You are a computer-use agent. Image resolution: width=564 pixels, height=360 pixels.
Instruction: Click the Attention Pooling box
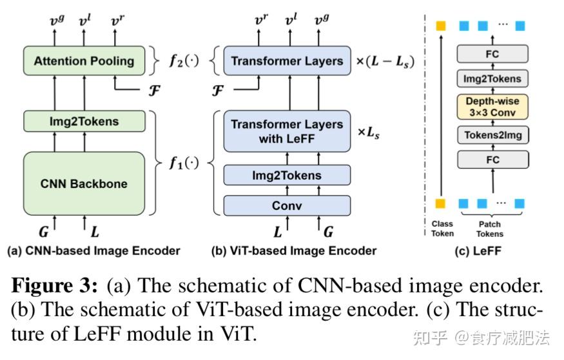(84, 61)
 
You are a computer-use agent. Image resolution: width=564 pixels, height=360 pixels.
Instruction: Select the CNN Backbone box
(84, 184)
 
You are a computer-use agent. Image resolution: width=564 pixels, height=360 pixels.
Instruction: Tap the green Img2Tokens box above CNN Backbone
(84, 121)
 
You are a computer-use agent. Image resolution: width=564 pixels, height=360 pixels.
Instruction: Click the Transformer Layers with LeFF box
(287, 131)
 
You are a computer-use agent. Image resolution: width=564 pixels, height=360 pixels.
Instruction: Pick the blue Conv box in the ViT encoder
(287, 205)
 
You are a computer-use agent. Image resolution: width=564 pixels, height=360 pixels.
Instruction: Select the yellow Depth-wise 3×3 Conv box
(492, 107)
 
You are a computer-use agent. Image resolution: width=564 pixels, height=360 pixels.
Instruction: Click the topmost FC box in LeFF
(492, 54)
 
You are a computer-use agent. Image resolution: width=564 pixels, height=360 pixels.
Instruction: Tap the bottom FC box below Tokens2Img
(492, 158)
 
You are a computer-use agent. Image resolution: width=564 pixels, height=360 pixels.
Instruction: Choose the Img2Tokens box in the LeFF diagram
(492, 79)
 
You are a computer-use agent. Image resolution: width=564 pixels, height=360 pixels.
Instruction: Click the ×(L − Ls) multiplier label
(385, 62)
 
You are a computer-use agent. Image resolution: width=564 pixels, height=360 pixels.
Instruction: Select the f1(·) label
(184, 163)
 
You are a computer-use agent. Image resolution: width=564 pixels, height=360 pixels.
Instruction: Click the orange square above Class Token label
(441, 204)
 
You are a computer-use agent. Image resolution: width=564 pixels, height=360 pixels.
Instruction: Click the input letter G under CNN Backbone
(44, 230)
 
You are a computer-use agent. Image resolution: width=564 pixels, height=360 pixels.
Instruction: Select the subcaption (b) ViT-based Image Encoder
(294, 251)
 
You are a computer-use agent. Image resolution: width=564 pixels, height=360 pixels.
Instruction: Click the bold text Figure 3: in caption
(56, 286)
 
